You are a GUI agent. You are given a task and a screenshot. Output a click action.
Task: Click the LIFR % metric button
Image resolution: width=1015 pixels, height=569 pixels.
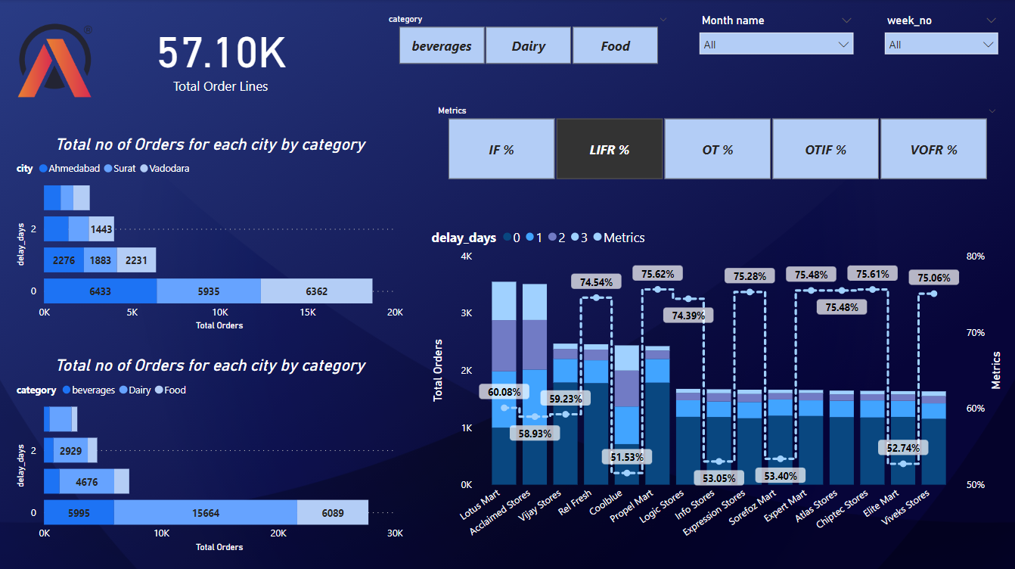(x=609, y=150)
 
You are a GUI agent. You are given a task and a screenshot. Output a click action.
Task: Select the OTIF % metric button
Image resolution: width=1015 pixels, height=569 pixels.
(x=825, y=150)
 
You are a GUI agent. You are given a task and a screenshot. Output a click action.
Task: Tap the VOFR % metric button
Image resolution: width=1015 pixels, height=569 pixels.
(x=933, y=150)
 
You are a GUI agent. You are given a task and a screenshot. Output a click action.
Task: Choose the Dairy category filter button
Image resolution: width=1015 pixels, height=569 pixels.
(x=528, y=46)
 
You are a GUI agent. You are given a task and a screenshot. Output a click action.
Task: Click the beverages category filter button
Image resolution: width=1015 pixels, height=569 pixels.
(x=442, y=46)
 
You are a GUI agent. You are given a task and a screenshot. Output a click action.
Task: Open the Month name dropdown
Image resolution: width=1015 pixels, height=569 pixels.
(x=776, y=45)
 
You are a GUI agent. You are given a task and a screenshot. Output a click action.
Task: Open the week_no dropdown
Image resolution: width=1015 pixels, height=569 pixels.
(x=941, y=45)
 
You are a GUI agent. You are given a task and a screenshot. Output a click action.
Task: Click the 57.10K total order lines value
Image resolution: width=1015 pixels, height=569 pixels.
(x=221, y=54)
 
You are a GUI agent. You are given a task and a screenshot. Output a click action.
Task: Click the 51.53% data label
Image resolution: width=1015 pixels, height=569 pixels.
(x=627, y=457)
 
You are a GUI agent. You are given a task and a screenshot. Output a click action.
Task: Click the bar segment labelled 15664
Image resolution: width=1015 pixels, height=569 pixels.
(x=206, y=513)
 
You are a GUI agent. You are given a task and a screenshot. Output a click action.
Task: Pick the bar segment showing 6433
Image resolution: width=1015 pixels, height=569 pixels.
(x=101, y=291)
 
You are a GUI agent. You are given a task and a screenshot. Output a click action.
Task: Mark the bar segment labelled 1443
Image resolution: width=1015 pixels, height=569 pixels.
(x=101, y=229)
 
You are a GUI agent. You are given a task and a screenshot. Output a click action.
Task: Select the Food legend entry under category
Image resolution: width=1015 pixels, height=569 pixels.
(x=173, y=390)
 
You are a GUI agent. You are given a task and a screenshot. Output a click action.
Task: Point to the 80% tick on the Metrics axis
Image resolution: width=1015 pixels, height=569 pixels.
(x=975, y=257)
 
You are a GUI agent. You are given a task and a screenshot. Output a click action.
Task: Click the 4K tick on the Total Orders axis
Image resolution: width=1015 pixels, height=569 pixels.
(x=466, y=257)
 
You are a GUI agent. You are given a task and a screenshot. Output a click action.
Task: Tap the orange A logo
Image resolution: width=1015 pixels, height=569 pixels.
(x=54, y=67)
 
